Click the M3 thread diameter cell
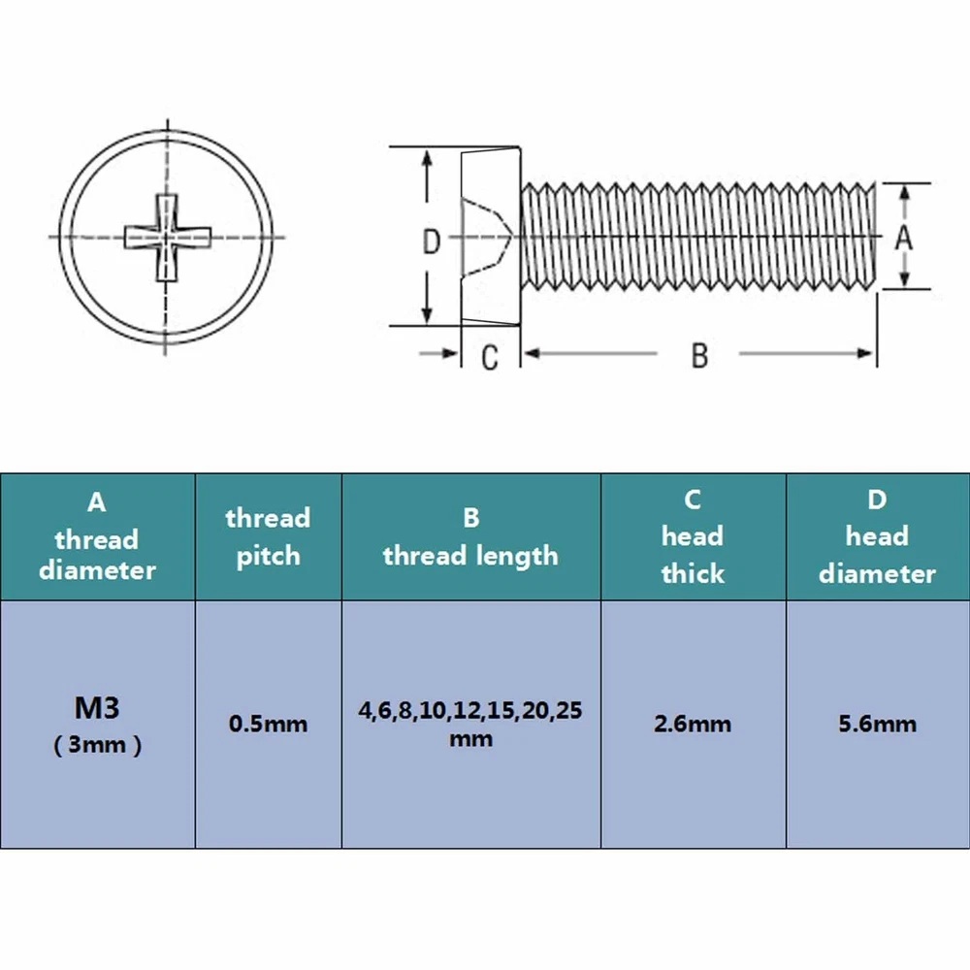click(x=97, y=725)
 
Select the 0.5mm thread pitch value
click(x=268, y=724)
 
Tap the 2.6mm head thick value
click(x=693, y=724)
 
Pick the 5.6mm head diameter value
click(x=877, y=724)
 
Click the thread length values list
click(x=470, y=724)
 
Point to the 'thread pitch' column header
click(x=268, y=537)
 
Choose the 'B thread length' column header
click(x=470, y=537)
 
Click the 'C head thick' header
click(x=693, y=537)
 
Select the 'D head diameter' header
click(x=877, y=537)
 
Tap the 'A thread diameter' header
click(x=97, y=537)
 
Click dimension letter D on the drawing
click(x=432, y=242)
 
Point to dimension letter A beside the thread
click(x=904, y=237)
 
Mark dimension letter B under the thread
click(x=699, y=356)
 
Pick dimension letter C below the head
click(x=489, y=358)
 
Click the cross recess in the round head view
click(x=167, y=238)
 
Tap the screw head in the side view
click(x=491, y=236)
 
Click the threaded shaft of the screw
click(x=698, y=237)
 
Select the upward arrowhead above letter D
click(x=427, y=158)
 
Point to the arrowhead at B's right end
click(x=865, y=353)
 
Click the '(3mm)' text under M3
click(x=97, y=745)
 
